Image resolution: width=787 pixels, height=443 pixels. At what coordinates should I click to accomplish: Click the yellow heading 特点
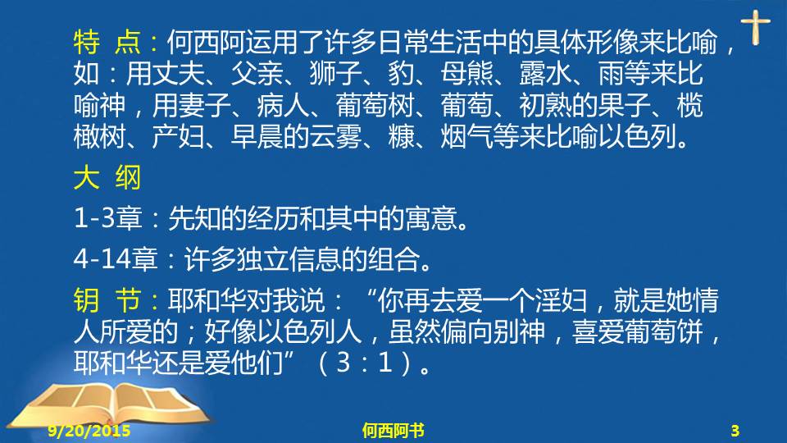coord(107,42)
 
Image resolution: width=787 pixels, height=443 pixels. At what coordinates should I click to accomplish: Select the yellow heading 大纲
coord(107,177)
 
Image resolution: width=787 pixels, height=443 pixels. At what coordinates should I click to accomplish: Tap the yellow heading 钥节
coord(107,300)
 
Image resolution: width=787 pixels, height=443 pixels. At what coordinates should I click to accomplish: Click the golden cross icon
coord(755,27)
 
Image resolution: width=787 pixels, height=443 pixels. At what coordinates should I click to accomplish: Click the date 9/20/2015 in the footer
coord(89,431)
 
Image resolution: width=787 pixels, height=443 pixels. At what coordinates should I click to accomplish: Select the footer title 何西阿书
coord(393,431)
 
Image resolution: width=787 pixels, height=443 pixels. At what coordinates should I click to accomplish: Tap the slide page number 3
coord(735,431)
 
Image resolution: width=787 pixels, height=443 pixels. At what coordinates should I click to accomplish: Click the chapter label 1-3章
coord(108,218)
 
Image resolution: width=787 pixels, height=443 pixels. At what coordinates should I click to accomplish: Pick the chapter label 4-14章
coord(116,259)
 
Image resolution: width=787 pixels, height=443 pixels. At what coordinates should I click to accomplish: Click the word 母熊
coord(466,73)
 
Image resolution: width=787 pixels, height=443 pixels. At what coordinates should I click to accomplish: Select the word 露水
coord(545,73)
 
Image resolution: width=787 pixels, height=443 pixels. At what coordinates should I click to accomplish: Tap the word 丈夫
coord(178,73)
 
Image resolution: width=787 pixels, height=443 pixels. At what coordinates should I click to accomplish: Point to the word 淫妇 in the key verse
coord(561,300)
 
